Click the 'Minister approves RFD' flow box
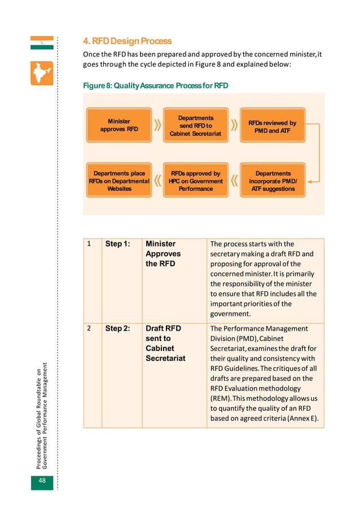[x=119, y=125]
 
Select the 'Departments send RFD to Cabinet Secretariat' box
[x=196, y=125]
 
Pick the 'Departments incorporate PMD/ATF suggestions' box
[x=273, y=181]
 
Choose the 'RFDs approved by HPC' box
[x=196, y=181]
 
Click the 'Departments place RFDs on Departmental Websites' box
[x=119, y=181]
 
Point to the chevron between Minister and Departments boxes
[x=157, y=125]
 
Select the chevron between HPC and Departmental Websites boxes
[x=157, y=181]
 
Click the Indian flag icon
[x=42, y=43]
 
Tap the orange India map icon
[x=42, y=73]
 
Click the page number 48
[x=42, y=480]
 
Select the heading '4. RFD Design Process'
[x=128, y=41]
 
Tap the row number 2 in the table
[x=89, y=328]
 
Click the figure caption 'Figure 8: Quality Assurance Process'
[x=155, y=86]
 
